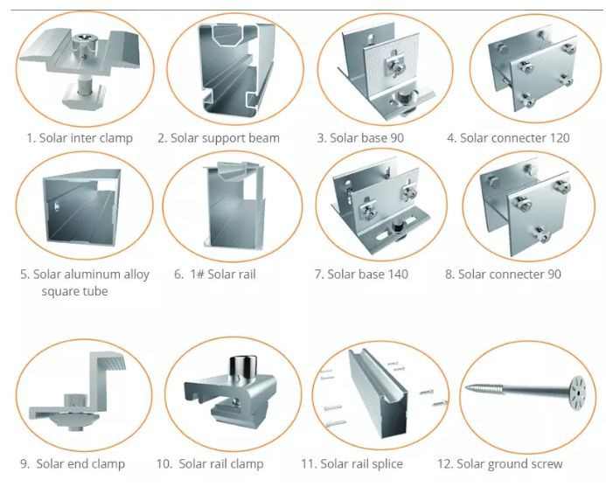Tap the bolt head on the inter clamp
pos(83,38)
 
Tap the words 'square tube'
pos(74,291)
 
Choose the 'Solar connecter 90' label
pos(503,274)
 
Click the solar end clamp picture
pos(77,391)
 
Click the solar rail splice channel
pos(378,394)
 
